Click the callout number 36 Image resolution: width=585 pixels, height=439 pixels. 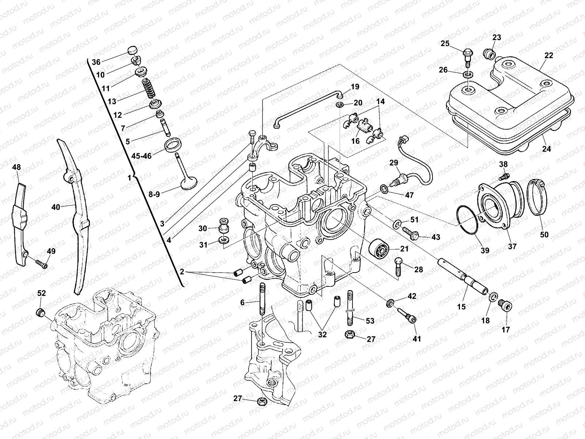pos(96,62)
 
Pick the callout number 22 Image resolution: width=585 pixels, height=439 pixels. pos(548,56)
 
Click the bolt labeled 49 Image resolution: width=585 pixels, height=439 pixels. pos(41,263)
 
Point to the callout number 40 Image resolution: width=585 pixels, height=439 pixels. pos(56,207)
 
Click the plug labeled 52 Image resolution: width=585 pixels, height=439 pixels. pos(41,312)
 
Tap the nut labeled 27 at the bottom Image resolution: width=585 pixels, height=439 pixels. pos(261,401)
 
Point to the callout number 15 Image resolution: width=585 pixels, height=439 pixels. pos(462,307)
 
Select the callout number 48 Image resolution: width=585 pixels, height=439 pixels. pos(16,168)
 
